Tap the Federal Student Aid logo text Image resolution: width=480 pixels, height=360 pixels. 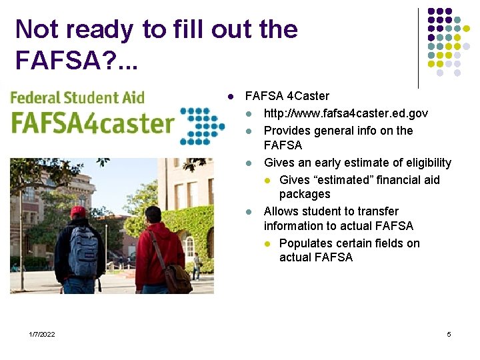(x=77, y=97)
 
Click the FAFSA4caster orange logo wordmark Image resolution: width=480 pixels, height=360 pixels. (x=93, y=123)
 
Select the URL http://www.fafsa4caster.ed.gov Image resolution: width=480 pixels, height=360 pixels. (x=346, y=113)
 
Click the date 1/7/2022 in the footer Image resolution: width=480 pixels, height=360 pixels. (x=42, y=334)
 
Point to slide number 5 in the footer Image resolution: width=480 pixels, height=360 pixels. (x=449, y=334)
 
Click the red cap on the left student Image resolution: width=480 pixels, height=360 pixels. (x=79, y=211)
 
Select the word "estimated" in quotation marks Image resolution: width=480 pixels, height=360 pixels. (x=345, y=179)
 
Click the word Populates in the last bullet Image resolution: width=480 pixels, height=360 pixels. (x=303, y=243)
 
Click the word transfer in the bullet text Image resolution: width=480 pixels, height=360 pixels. (x=378, y=211)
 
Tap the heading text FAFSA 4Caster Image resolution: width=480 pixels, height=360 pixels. (x=287, y=97)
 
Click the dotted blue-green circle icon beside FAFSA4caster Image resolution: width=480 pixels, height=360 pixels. (x=203, y=125)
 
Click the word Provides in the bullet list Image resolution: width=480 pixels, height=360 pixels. (x=286, y=130)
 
